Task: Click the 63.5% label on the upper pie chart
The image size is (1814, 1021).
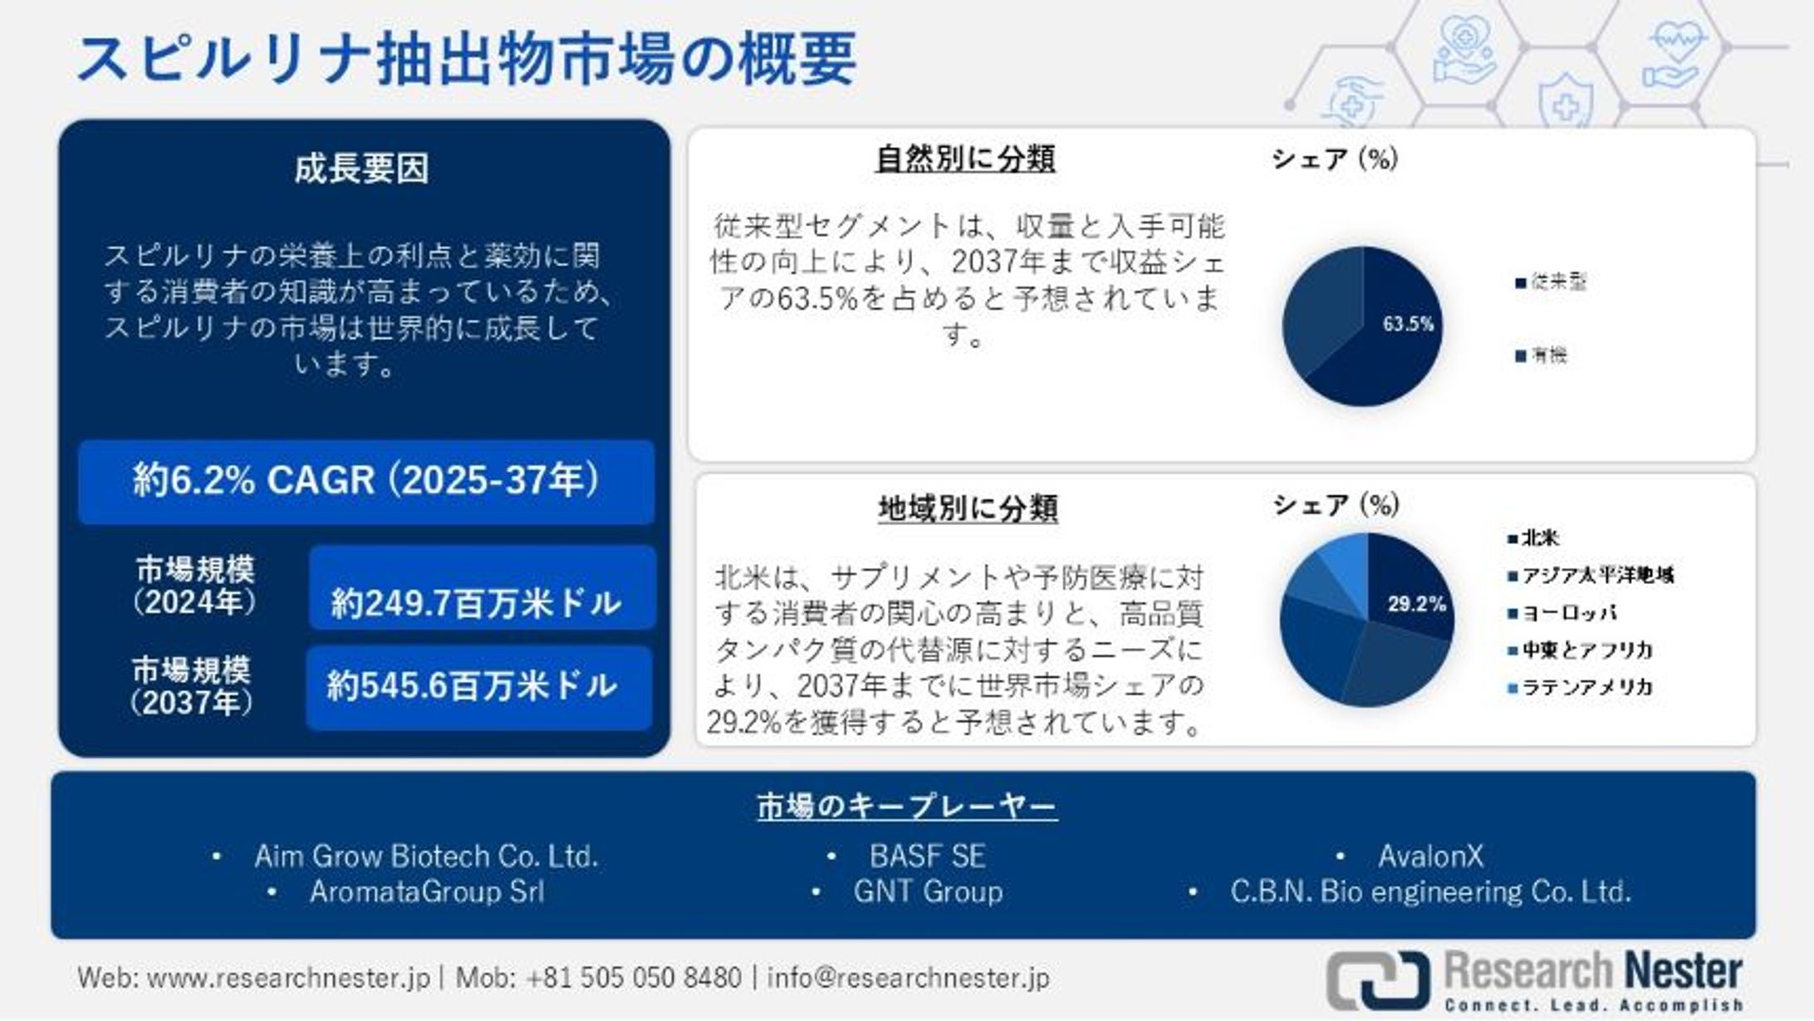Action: (1408, 324)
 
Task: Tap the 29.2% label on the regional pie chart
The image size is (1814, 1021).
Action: (1416, 604)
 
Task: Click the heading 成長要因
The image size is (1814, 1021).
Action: (361, 169)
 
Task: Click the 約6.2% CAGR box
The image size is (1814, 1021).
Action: (366, 481)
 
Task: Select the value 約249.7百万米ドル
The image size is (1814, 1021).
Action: (477, 602)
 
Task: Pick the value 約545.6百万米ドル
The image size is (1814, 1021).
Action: (472, 686)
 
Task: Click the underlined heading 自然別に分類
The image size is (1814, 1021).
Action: (965, 158)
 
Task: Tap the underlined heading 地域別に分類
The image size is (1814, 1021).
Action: (968, 508)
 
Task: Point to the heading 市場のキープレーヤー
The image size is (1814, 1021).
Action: (907, 806)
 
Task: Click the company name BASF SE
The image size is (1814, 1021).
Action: (927, 856)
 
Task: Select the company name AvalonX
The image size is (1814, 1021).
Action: (1430, 856)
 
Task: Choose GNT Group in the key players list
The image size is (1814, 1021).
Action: (928, 892)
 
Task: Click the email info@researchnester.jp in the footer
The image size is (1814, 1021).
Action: (908, 977)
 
